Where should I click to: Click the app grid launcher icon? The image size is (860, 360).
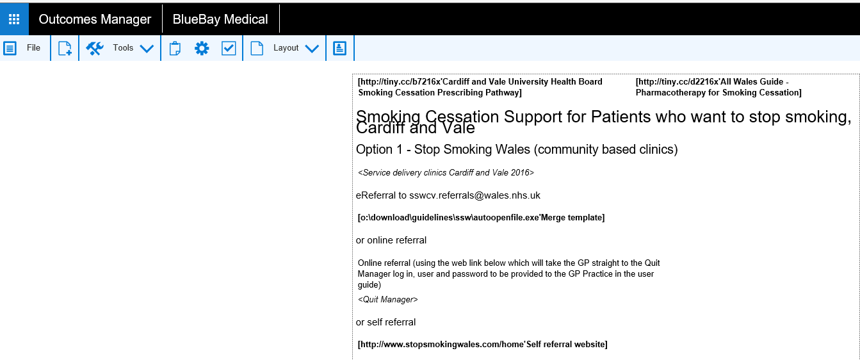point(14,19)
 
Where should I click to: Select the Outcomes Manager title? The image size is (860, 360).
point(95,19)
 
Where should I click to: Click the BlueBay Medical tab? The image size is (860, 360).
point(220,19)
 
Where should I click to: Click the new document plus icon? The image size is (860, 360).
point(65,49)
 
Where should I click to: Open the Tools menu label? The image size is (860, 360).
point(123,48)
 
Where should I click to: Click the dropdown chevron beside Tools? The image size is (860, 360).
point(147,49)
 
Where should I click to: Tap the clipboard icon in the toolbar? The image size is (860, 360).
point(175,49)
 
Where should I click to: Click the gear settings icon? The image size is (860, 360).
point(202,49)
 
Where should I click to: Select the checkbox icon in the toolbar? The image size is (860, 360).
point(229,49)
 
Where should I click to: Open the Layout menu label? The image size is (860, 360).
point(286,48)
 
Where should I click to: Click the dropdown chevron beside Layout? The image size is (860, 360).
point(312,49)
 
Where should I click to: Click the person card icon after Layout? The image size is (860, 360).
point(339,49)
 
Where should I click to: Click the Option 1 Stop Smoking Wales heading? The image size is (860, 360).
point(516,150)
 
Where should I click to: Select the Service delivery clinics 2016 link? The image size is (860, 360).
point(446,173)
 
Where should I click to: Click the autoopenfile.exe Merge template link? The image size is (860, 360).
point(481,218)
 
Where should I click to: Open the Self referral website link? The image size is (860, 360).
point(482,345)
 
